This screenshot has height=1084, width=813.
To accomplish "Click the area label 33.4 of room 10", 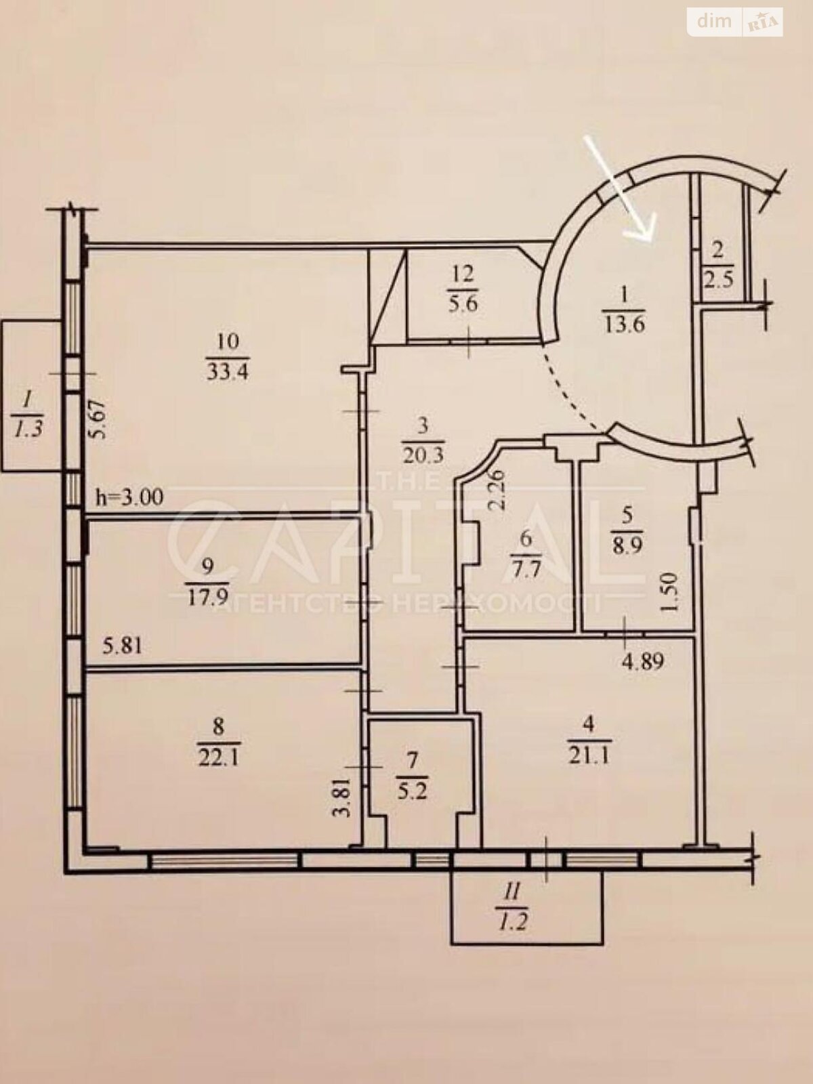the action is tap(228, 371).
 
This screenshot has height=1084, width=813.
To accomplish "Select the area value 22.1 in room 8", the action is tap(219, 756).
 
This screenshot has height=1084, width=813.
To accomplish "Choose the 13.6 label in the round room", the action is tap(624, 325).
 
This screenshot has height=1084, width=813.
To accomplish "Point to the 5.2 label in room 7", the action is tap(413, 806).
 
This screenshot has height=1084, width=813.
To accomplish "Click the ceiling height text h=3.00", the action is tap(130, 497).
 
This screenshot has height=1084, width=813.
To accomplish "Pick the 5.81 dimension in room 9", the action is tap(123, 646).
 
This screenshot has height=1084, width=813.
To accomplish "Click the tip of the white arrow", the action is tap(652, 241).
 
